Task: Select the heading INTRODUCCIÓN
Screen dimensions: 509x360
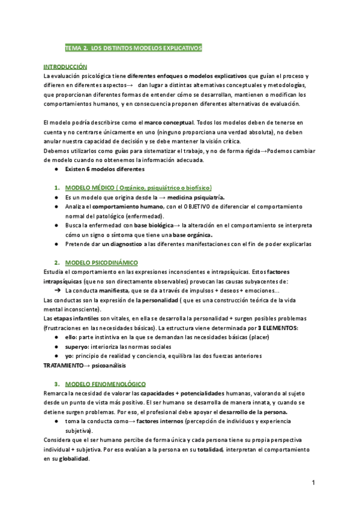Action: tap(65, 67)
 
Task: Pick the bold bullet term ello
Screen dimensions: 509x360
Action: tap(71, 337)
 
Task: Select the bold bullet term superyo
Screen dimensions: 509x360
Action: tap(77, 346)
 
